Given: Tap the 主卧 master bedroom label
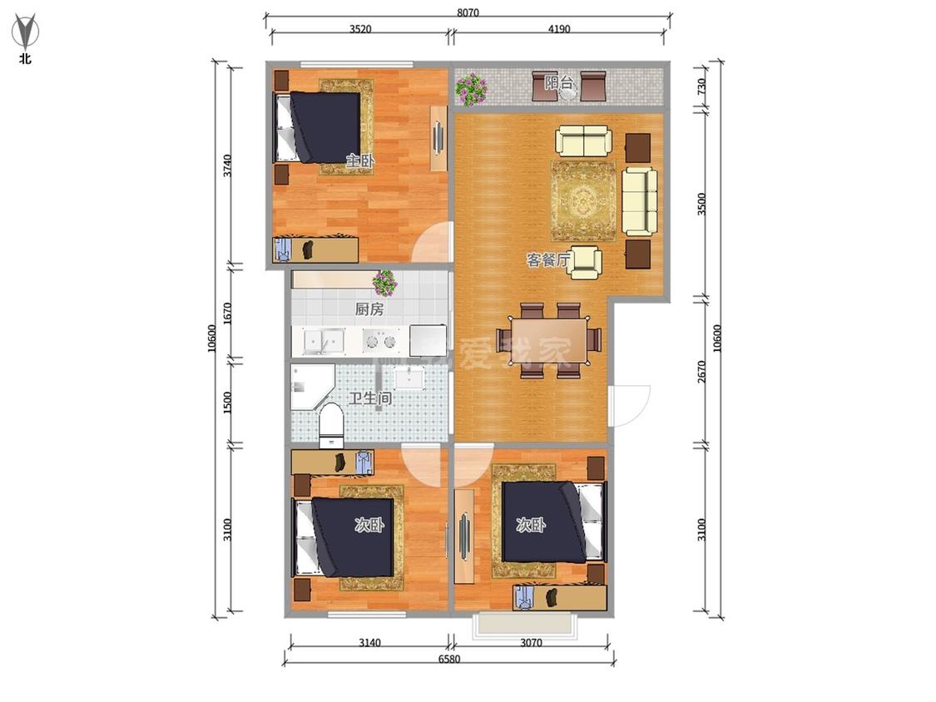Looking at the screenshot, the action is point(360,161).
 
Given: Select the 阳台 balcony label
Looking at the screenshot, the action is point(559,82).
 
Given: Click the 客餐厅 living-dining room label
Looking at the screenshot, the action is point(548,260).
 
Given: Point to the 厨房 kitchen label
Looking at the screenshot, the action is point(369,309).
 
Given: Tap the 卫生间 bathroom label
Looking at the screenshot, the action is point(370,398).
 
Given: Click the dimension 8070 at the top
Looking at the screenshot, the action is point(468,12).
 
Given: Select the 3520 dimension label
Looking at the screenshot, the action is point(360,28).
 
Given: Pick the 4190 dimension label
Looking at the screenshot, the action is point(559,28).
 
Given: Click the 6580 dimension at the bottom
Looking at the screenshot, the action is point(449,659).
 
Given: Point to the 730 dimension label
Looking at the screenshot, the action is point(702,87).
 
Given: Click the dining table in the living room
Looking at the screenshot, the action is point(549,341).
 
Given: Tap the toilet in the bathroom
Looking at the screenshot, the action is point(330,426).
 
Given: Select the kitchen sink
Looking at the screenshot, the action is point(324,342).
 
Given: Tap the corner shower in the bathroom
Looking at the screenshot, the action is point(312,387).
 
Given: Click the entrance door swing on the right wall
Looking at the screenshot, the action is point(629,406).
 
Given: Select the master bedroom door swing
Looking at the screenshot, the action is point(432,242).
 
